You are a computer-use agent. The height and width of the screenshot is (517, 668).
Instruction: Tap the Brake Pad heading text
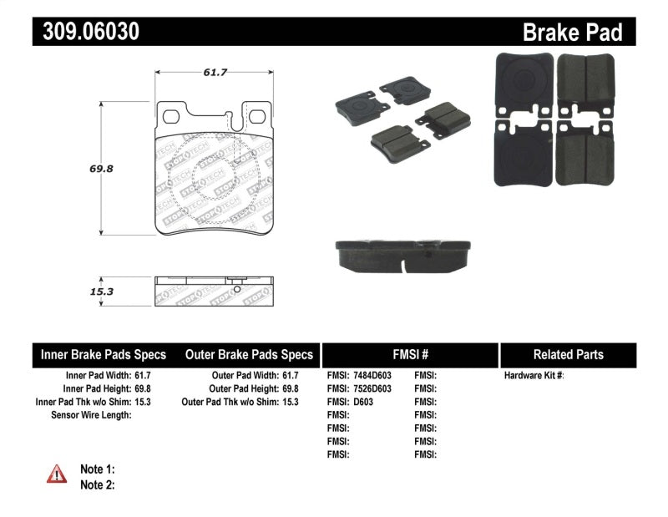(572, 32)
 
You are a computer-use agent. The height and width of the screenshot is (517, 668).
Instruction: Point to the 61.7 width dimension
(215, 72)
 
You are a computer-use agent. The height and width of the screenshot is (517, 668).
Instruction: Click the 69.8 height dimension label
(101, 168)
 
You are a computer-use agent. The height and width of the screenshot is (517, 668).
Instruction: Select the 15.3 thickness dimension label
(101, 291)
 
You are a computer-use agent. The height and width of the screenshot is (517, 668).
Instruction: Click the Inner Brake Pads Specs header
(104, 354)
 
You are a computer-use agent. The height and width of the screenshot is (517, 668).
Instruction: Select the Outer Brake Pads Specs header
(249, 354)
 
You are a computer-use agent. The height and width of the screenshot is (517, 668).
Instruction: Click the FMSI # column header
(409, 354)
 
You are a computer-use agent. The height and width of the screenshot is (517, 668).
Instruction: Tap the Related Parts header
(568, 354)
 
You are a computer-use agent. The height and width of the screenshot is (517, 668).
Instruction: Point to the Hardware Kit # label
(534, 376)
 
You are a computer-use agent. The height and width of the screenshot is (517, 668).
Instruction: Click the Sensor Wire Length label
(91, 415)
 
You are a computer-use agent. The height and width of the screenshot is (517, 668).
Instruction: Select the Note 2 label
(97, 484)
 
